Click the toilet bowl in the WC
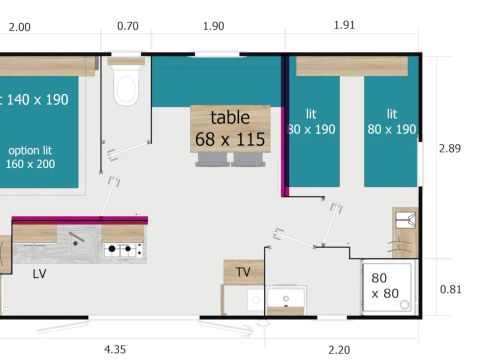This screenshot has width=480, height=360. pyautogui.click(x=126, y=89)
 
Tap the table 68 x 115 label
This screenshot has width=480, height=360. pyautogui.click(x=231, y=129)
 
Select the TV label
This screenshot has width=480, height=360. pyautogui.click(x=243, y=272)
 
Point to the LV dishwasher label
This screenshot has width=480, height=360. pyautogui.click(x=39, y=273)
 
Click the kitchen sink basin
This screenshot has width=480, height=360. pyautogui.click(x=78, y=239)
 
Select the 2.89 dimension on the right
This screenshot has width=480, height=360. pyautogui.click(x=451, y=148)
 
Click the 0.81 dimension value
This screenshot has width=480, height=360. pyautogui.click(x=451, y=290)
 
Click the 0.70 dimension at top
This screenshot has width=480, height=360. pyautogui.click(x=127, y=27)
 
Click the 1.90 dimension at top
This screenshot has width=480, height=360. pyautogui.click(x=213, y=27)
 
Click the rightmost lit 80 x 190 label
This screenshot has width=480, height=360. pyautogui.click(x=390, y=122)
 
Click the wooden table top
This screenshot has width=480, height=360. pyautogui.click(x=231, y=129)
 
